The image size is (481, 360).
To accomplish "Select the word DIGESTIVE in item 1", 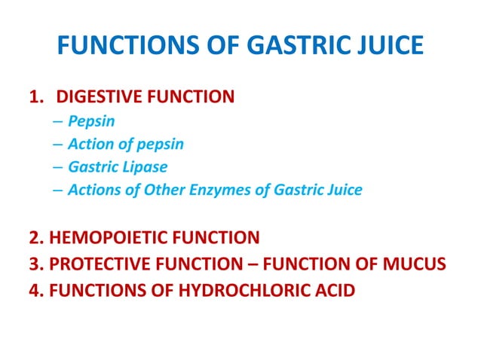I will [x=103, y=96].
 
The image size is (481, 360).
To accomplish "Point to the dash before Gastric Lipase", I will [x=58, y=166].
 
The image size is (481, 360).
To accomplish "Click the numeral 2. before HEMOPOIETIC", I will [x=36, y=238].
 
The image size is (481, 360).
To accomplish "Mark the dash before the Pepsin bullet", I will [x=58, y=120].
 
